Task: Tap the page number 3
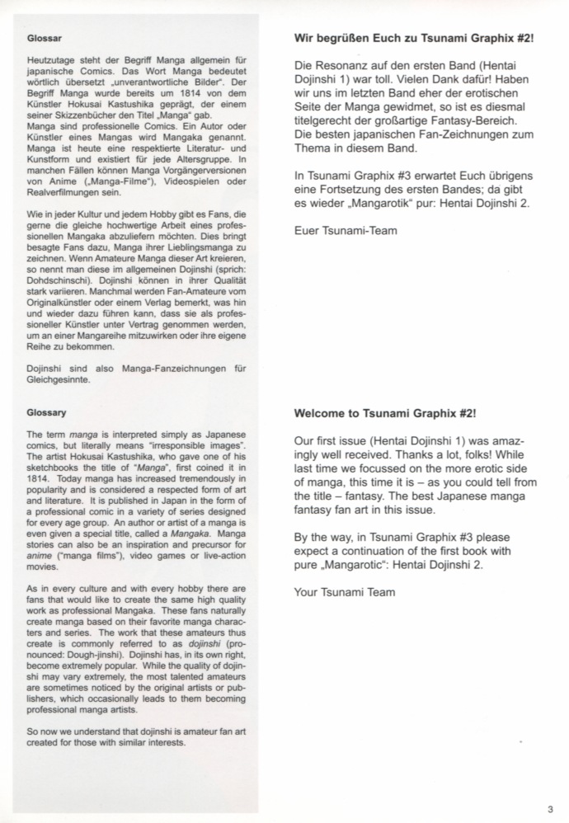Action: coord(549,808)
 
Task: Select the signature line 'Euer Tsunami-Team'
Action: coord(346,231)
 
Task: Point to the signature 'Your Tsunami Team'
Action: coord(346,591)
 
